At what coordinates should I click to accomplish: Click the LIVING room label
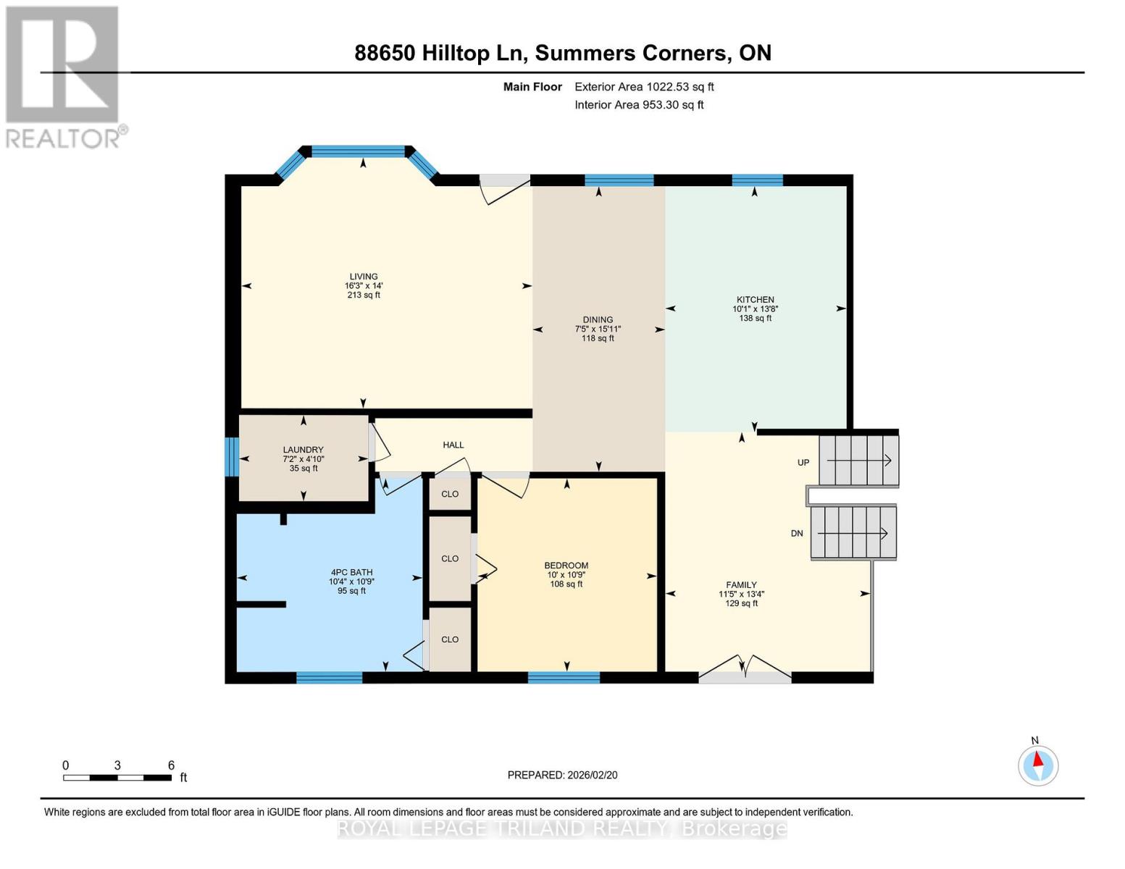[x=364, y=277]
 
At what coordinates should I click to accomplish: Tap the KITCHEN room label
[x=755, y=300]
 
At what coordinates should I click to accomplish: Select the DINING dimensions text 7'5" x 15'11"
[x=598, y=329]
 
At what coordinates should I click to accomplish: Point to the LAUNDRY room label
[x=303, y=450]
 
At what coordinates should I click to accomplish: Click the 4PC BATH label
[x=351, y=572]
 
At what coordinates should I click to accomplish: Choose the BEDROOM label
[x=566, y=566]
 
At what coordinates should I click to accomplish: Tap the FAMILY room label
[x=741, y=585]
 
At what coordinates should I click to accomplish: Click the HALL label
[x=453, y=445]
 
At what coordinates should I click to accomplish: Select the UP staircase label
[x=803, y=463]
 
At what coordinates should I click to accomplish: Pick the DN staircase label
[x=797, y=534]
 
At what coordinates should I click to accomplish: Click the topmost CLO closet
[x=450, y=494]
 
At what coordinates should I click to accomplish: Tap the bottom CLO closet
[x=450, y=639]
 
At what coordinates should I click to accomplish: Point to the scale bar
[x=117, y=778]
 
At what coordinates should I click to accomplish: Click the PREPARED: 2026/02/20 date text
[x=562, y=775]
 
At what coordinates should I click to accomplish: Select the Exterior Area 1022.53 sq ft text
[x=644, y=87]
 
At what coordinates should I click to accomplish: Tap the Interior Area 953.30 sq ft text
[x=639, y=105]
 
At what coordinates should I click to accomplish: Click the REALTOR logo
[x=64, y=76]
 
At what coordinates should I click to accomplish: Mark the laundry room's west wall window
[x=231, y=457]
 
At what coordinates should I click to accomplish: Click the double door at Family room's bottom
[x=745, y=676]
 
